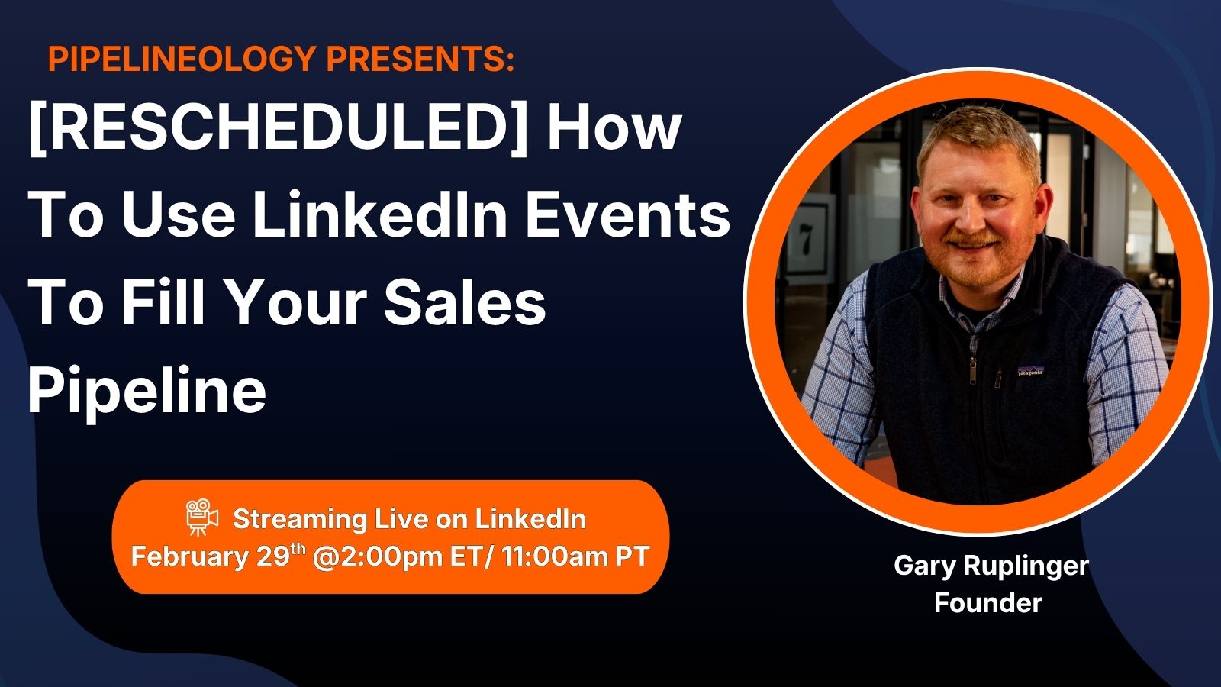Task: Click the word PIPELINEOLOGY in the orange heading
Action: (x=182, y=58)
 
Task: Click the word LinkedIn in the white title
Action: (x=381, y=214)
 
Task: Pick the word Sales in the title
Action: (x=465, y=302)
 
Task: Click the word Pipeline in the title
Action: (x=147, y=390)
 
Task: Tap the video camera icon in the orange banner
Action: (x=201, y=517)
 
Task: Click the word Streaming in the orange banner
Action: (x=300, y=520)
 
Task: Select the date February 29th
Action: (x=216, y=556)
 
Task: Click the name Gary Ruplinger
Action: (x=991, y=566)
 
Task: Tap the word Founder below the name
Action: (x=988, y=602)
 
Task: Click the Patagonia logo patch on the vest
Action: (x=1030, y=371)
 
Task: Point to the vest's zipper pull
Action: (x=972, y=371)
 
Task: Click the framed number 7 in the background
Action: (x=806, y=240)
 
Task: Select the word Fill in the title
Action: (x=163, y=302)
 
